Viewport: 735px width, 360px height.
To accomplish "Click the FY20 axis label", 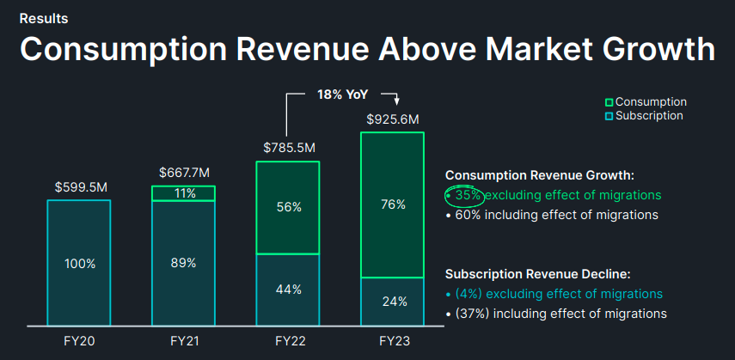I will tap(79, 341).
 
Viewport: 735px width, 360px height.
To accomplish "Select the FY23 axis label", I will tap(392, 341).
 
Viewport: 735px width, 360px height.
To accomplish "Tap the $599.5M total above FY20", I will tap(80, 186).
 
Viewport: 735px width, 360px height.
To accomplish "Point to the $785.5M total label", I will tap(288, 148).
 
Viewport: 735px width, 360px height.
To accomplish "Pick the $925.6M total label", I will tap(392, 119).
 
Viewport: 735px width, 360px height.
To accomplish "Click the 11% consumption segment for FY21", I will tap(184, 193).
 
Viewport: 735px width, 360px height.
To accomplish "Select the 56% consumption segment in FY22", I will tap(288, 208).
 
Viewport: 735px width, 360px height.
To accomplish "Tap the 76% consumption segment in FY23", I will tap(392, 204).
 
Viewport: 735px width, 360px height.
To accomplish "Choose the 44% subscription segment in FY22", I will tap(288, 290).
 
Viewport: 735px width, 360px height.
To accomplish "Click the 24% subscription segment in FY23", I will tap(392, 302).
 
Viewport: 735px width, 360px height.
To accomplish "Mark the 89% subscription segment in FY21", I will tap(184, 263).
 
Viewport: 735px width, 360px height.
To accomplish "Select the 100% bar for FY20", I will tap(79, 263).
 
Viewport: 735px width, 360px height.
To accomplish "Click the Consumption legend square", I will tap(609, 102).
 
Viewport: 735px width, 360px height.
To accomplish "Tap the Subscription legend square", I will tap(609, 116).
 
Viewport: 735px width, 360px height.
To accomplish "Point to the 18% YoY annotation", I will tap(341, 94).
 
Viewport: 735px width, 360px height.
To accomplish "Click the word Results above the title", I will tap(44, 18).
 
